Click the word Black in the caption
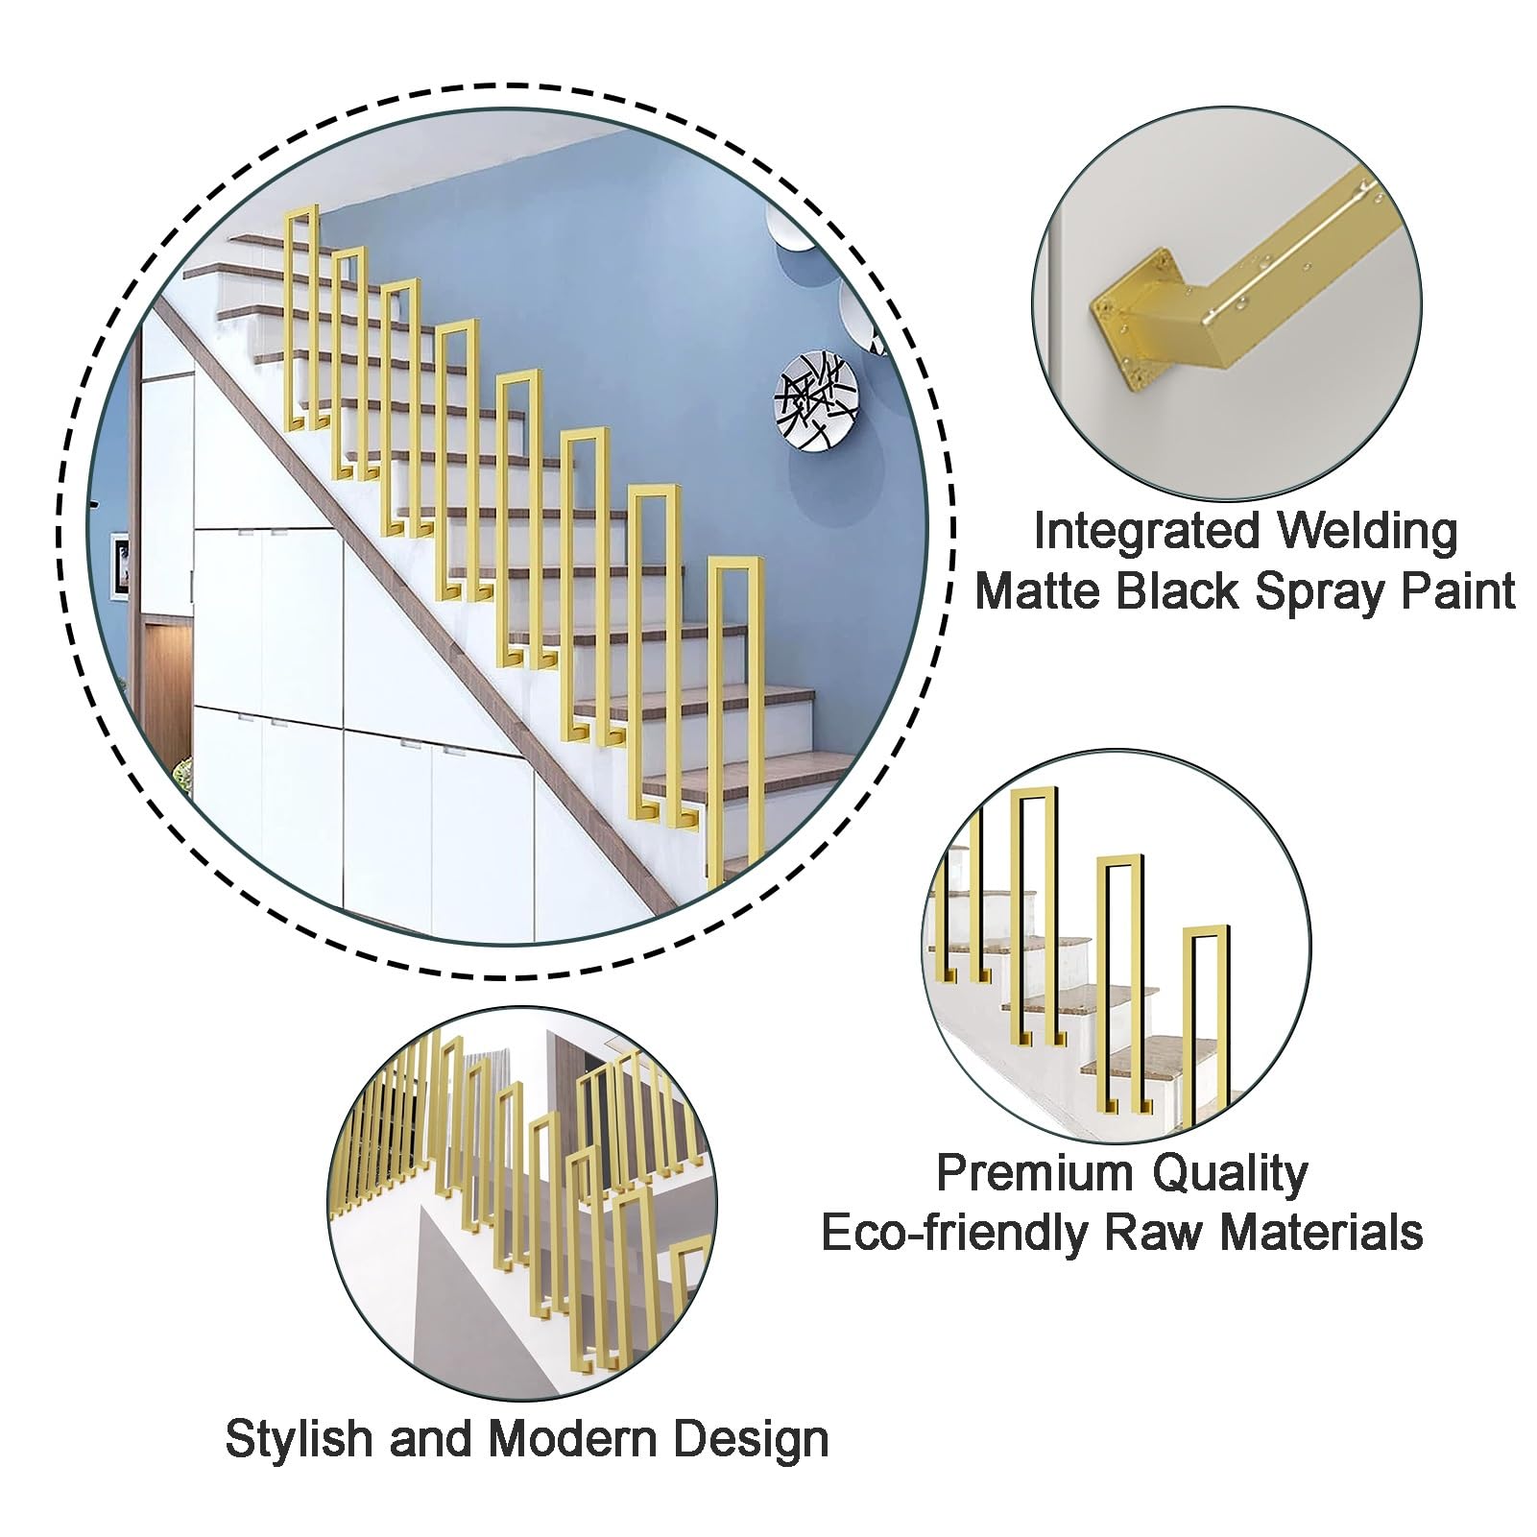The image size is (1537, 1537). pyautogui.click(x=1178, y=590)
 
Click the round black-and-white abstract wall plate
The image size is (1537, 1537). pyautogui.click(x=816, y=401)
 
